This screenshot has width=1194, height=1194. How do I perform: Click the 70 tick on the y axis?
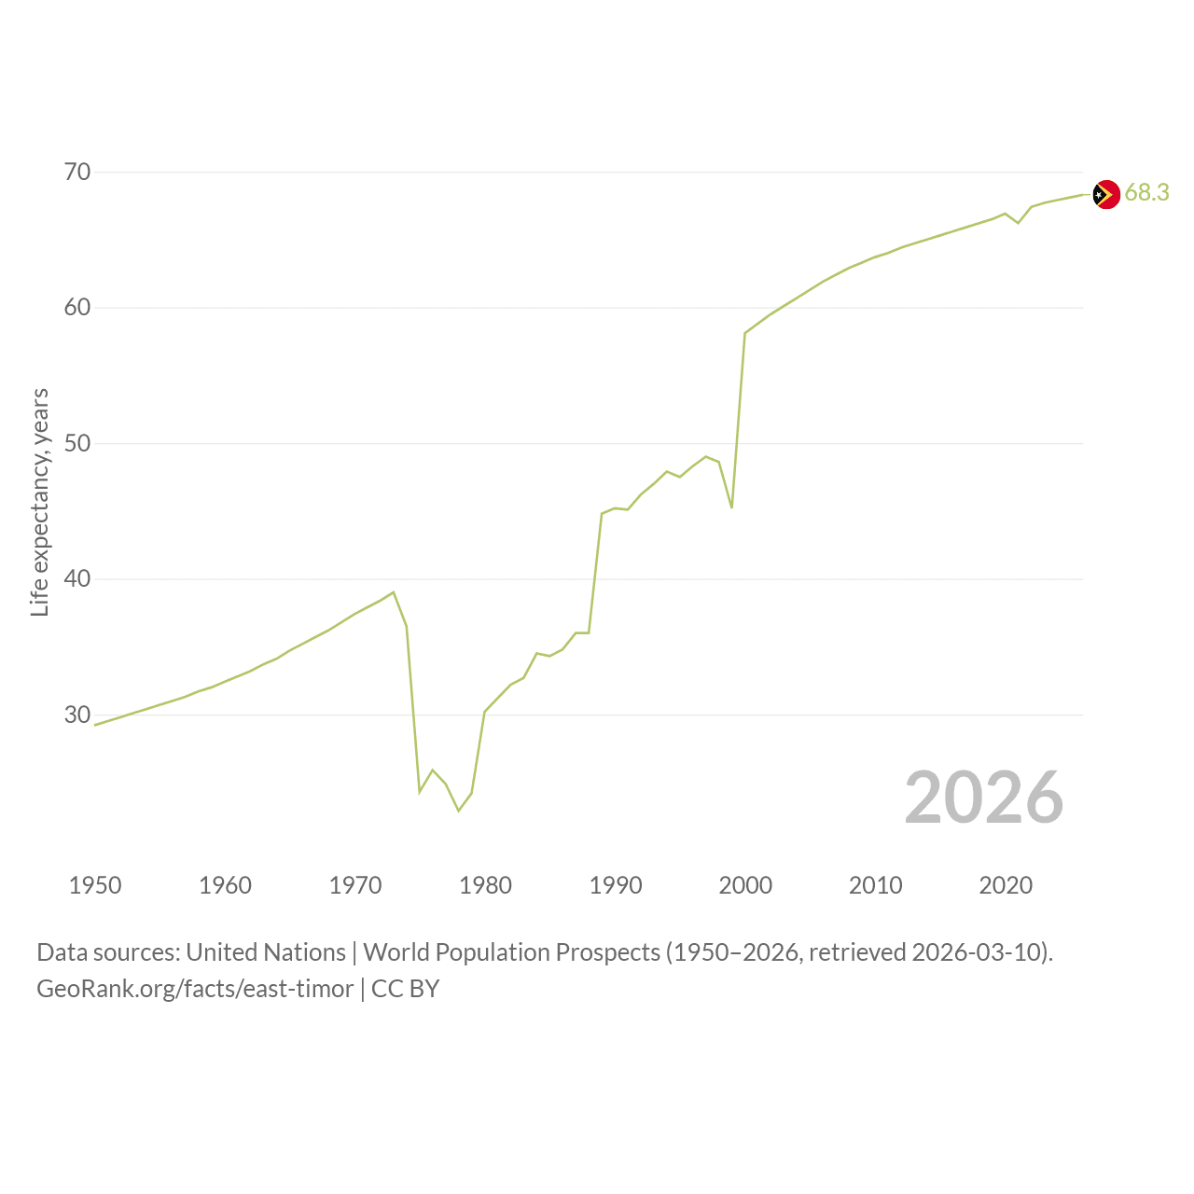tap(77, 172)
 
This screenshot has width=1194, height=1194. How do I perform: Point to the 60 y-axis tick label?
tap(77, 307)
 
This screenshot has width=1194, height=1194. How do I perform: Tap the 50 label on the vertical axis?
tap(77, 443)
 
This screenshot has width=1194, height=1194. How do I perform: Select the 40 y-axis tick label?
tap(77, 578)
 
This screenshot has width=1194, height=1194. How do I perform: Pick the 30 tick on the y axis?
tap(77, 715)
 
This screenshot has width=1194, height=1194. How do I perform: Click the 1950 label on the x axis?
tap(95, 885)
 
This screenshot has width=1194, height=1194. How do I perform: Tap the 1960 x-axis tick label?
tap(225, 885)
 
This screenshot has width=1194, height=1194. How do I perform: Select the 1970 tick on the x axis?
tap(355, 885)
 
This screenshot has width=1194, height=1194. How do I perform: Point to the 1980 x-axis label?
tap(485, 885)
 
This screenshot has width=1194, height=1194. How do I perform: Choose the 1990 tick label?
tap(616, 885)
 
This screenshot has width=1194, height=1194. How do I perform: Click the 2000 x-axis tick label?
tap(745, 885)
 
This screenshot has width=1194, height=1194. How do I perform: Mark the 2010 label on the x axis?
tap(876, 885)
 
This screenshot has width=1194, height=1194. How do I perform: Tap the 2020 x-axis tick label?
tap(1006, 885)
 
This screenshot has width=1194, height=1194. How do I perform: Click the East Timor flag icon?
tap(1106, 195)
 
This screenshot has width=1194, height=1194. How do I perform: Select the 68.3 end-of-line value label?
tap(1147, 193)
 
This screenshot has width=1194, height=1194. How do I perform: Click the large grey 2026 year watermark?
tap(984, 798)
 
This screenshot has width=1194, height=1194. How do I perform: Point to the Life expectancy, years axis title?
tap(40, 503)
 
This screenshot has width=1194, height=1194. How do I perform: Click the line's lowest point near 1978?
tap(459, 811)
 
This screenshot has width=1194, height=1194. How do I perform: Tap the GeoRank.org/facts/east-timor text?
tap(195, 989)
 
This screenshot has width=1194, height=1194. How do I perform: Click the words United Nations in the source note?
tap(266, 952)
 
